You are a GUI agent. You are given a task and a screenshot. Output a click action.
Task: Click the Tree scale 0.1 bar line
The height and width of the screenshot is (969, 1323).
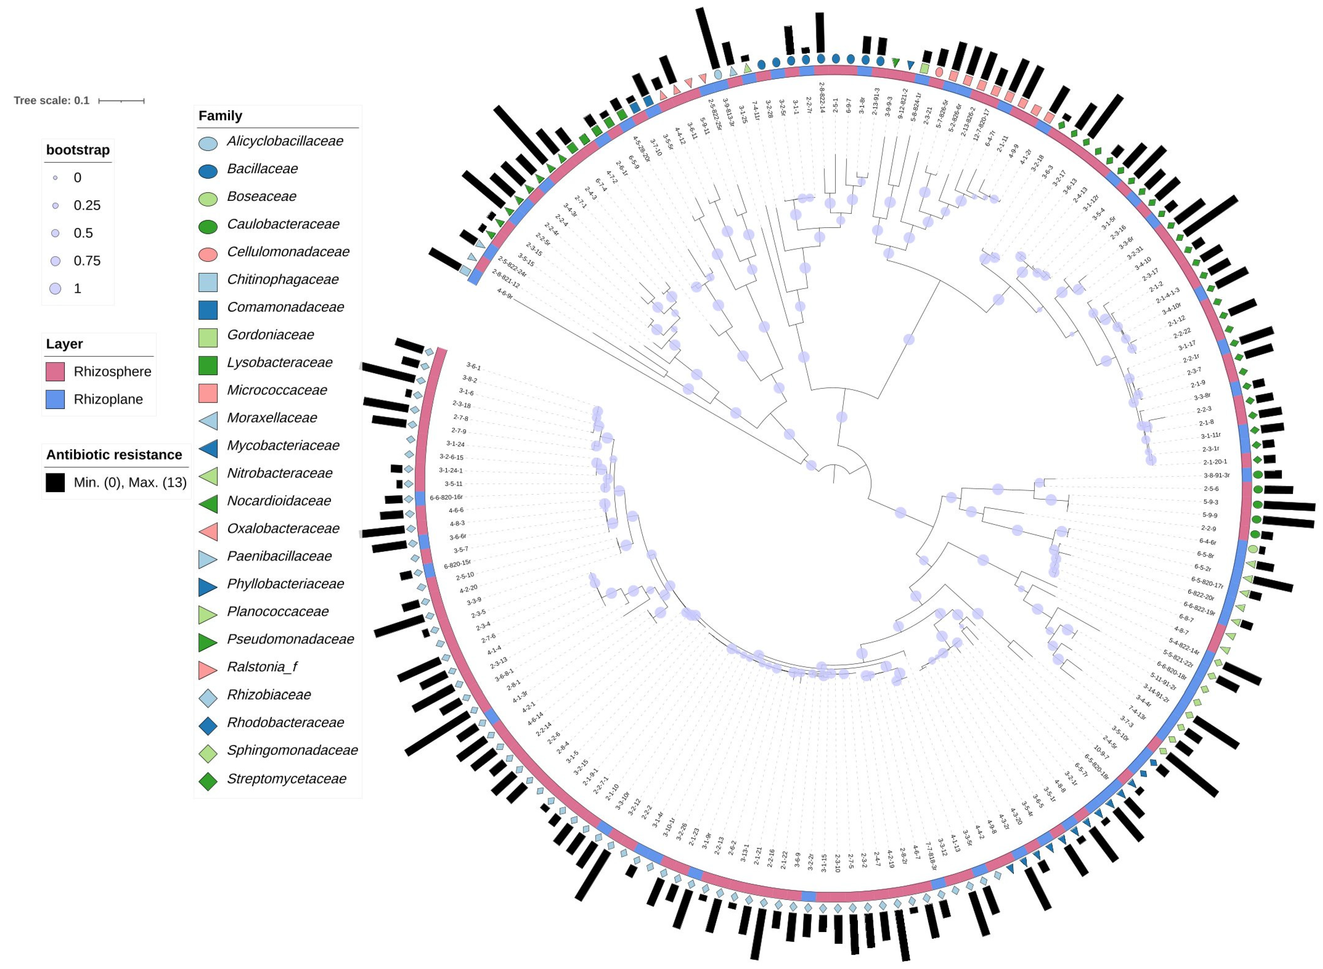pyautogui.click(x=121, y=101)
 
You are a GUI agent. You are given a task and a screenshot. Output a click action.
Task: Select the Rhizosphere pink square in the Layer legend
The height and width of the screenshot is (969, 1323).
pyautogui.click(x=55, y=371)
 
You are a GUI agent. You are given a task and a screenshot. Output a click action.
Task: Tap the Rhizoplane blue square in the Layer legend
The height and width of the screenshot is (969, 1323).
pyautogui.click(x=55, y=399)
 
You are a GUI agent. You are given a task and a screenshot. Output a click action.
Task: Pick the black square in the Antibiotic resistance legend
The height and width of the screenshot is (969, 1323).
pyautogui.click(x=55, y=482)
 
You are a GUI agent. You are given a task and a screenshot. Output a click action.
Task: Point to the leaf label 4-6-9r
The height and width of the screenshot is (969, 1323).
pyautogui.click(x=504, y=294)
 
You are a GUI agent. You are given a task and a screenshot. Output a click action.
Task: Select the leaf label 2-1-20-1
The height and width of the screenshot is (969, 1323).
pyautogui.click(x=1215, y=462)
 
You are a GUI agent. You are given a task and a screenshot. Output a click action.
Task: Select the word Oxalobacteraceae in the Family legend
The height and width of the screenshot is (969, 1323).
pyautogui.click(x=283, y=529)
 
